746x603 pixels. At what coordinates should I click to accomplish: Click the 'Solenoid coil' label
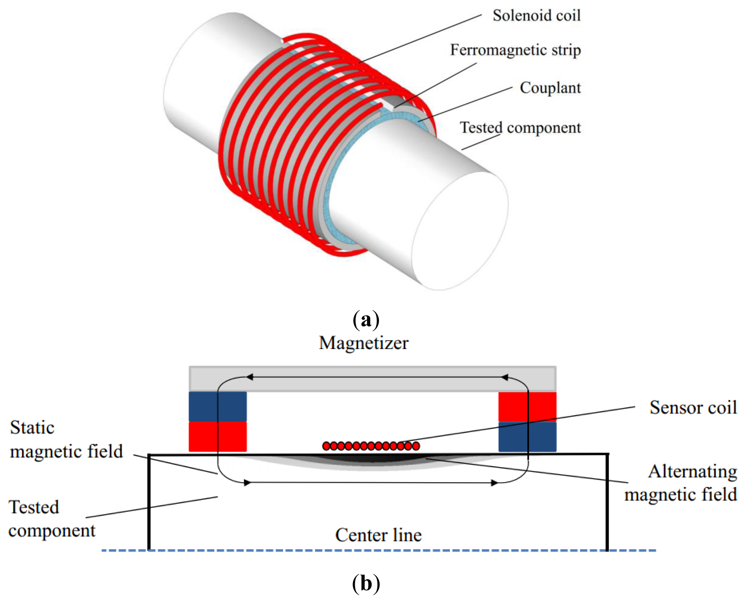[536, 16]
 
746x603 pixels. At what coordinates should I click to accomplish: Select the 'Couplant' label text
[550, 88]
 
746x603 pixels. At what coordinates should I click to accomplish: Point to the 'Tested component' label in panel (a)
[520, 128]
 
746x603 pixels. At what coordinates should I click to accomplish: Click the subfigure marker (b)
[366, 583]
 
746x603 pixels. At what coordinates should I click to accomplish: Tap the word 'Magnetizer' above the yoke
[363, 343]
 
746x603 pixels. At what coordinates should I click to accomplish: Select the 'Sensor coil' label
[693, 407]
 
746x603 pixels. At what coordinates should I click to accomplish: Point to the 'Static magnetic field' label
[66, 440]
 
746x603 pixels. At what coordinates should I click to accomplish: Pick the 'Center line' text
[378, 535]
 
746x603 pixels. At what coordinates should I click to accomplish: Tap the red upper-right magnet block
[527, 406]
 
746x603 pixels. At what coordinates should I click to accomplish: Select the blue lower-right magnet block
[527, 436]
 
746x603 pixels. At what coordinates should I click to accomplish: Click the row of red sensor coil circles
[371, 446]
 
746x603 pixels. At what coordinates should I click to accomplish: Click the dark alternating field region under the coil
[371, 459]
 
